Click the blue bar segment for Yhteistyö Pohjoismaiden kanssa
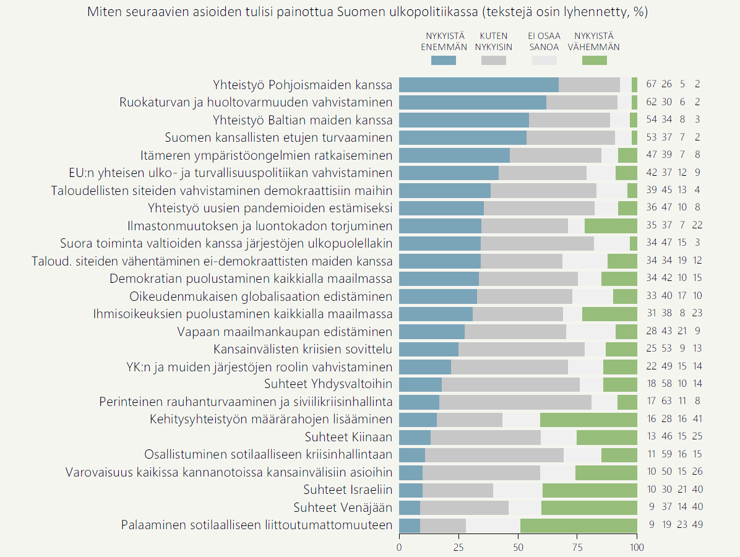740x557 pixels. tap(478, 85)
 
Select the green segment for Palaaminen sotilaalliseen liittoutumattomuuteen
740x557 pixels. tap(579, 525)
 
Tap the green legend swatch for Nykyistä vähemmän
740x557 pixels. tap(594, 60)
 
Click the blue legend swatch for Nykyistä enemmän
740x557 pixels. tap(443, 60)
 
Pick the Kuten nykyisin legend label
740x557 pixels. tap(493, 41)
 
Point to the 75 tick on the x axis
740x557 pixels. tap(577, 547)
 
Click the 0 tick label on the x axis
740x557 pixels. tap(399, 547)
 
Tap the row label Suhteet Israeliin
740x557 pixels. tap(348, 490)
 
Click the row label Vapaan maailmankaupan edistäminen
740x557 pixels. tap(285, 332)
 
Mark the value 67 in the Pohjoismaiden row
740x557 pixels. tap(651, 85)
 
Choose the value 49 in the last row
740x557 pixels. tap(697, 525)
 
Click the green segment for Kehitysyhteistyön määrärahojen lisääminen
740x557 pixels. tap(588, 420)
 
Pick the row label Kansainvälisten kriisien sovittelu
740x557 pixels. tap(303, 349)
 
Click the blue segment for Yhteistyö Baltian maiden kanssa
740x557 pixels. tap(464, 120)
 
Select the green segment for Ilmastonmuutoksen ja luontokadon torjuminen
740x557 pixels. tap(611, 226)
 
